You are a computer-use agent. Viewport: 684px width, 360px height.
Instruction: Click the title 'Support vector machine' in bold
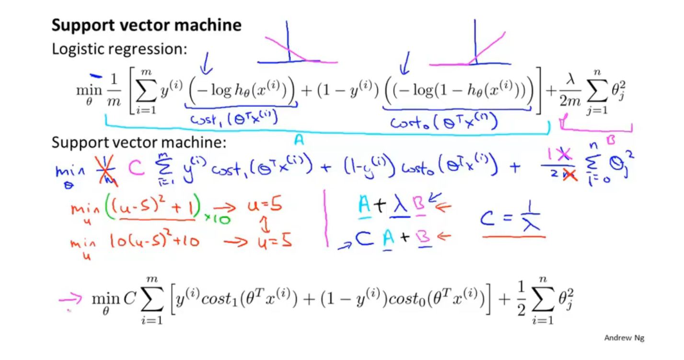[x=146, y=25]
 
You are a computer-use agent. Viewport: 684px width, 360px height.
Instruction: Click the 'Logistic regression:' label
[x=119, y=49]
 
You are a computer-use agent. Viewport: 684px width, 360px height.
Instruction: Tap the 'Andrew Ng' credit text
[x=624, y=338]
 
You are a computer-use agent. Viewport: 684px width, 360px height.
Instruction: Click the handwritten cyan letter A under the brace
[x=298, y=139]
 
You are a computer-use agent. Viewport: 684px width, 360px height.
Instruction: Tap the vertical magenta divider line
[x=326, y=218]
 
